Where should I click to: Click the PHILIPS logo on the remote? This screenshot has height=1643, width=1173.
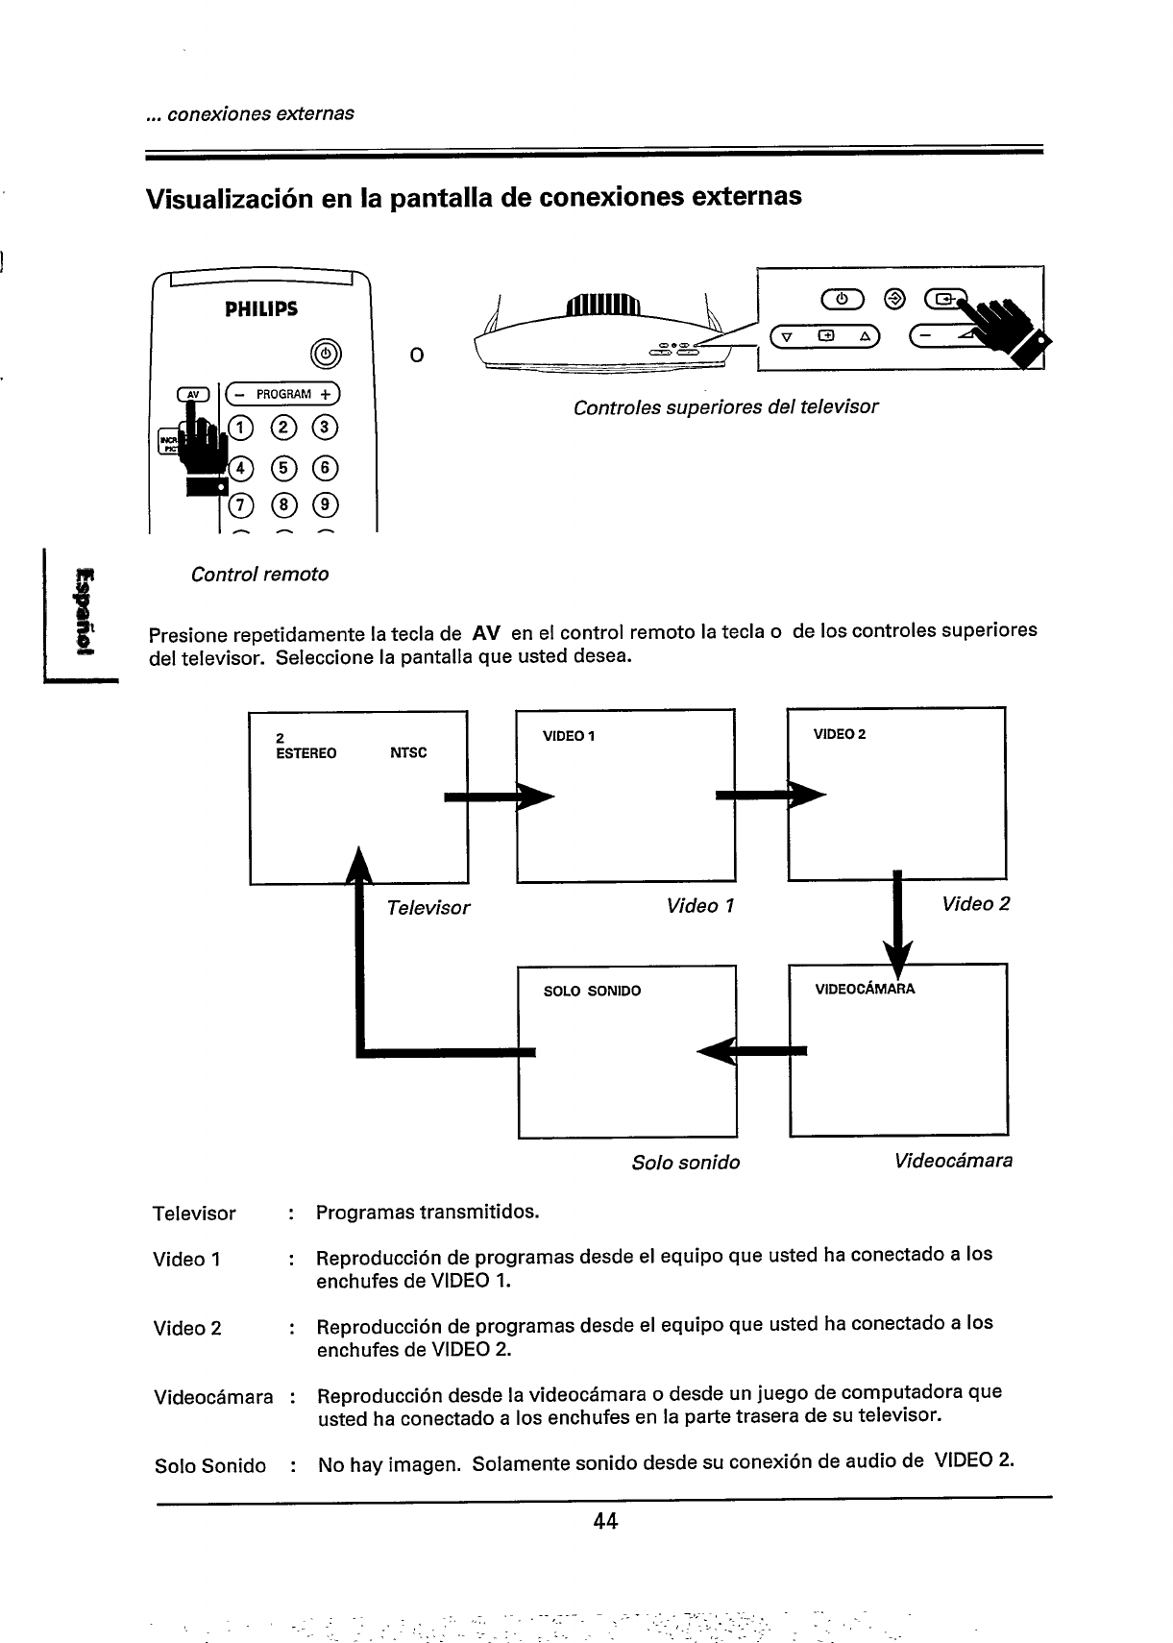tap(261, 309)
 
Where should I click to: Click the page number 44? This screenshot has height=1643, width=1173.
tap(604, 1521)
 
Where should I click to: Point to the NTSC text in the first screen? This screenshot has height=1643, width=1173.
tap(408, 753)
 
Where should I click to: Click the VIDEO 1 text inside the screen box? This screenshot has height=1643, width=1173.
tap(569, 736)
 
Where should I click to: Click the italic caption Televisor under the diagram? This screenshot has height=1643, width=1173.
tap(428, 908)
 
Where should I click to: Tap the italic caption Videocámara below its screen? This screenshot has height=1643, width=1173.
tap(953, 1161)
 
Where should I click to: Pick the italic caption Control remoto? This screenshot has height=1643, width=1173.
tap(259, 575)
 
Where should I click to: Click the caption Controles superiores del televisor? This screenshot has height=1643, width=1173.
tap(725, 406)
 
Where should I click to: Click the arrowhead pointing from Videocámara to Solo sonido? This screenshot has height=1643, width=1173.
tap(716, 1050)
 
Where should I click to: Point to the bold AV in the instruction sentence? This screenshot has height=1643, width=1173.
tap(486, 634)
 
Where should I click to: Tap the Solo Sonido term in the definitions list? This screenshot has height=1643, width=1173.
tap(210, 1466)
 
